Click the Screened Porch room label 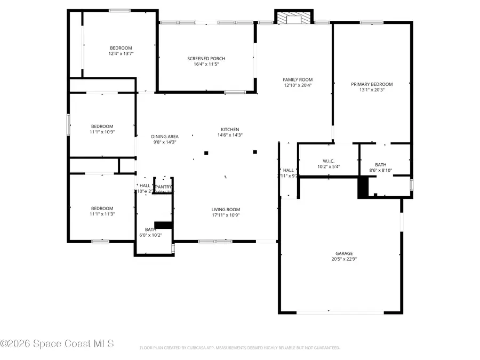(206, 58)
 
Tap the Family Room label (298, 79)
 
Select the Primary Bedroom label (372, 84)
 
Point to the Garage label (344, 253)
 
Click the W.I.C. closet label (328, 161)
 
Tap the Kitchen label (230, 129)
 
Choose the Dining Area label (165, 137)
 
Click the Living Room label (226, 210)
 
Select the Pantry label (163, 187)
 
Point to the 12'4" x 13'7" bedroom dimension (121, 54)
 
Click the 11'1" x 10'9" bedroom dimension (102, 132)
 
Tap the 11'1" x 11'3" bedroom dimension (102, 214)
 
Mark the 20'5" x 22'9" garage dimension (344, 259)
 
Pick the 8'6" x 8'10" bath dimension (380, 171)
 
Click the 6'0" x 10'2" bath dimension (150, 235)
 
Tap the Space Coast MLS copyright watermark (57, 344)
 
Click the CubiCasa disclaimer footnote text (239, 348)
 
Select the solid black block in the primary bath (363, 187)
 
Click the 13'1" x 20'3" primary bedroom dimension (372, 90)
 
